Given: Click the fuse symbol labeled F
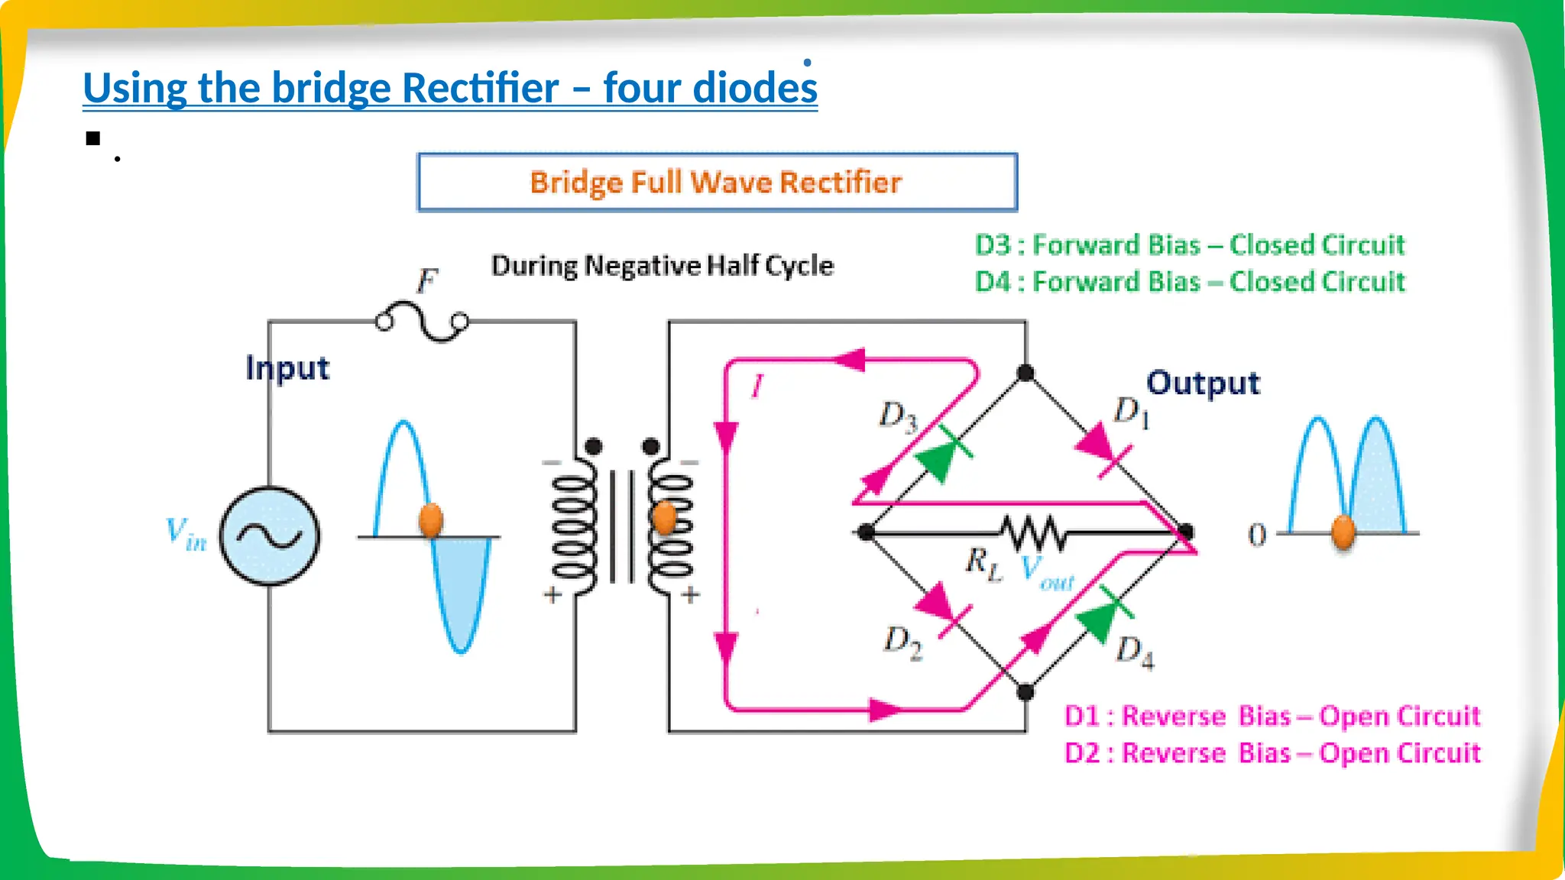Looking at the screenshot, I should (x=422, y=322).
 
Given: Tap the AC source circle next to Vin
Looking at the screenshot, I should (x=270, y=536).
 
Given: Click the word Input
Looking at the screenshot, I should (x=287, y=368).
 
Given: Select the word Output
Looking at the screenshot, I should (x=1203, y=383).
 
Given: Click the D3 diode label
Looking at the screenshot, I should (x=897, y=417).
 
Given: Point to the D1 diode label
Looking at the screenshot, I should (x=1131, y=412).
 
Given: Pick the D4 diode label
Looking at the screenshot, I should (x=1135, y=652).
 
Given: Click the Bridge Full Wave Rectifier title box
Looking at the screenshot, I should (x=717, y=183).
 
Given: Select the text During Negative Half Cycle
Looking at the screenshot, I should (x=662, y=266).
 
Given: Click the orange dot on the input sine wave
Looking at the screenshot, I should (x=432, y=520).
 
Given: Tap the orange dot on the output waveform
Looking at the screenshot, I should (x=1343, y=532).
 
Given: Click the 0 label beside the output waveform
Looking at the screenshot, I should (x=1257, y=535).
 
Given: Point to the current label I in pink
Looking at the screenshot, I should (x=757, y=386).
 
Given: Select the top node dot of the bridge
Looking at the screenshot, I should (x=1026, y=373).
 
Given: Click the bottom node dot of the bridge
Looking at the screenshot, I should (x=1026, y=692).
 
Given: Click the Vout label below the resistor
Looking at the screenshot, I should (x=1047, y=573).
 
